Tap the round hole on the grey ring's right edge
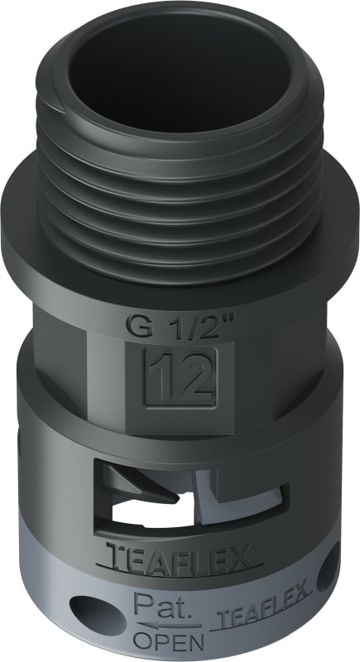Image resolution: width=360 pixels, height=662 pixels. tap(332, 583)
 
